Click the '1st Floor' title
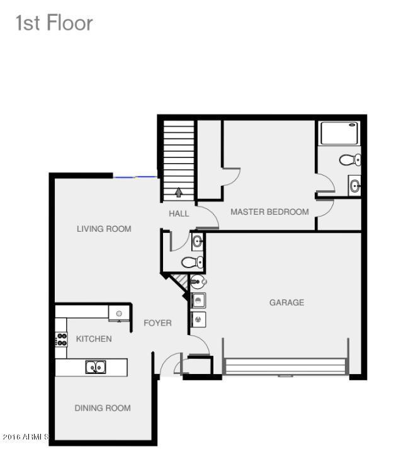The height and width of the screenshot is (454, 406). pos(54,23)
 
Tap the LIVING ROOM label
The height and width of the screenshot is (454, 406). pos(104,229)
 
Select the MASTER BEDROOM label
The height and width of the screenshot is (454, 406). pos(269,212)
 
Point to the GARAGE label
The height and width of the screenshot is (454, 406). pos(286,303)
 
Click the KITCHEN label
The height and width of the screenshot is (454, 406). pos(94,339)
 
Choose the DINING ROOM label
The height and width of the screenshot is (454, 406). pos(103,408)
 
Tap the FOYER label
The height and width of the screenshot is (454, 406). pos(157,323)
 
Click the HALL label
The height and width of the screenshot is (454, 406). pos(179,213)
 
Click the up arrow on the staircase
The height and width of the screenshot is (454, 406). pos(179,192)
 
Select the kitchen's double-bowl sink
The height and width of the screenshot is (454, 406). pos(96,367)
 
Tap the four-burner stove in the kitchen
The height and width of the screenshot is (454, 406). pos(62,339)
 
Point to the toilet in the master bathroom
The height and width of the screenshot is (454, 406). pos(350,159)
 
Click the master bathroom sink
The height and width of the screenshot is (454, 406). pos(354,185)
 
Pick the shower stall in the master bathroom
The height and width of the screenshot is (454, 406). pos(339,133)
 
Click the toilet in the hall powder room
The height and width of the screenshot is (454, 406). pos(193,263)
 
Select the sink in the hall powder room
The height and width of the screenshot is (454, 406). pos(198,241)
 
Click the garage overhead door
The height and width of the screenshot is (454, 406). pos(285,367)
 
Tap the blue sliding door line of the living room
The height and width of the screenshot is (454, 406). pos(135,177)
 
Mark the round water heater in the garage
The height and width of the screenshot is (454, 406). pos(198,281)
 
